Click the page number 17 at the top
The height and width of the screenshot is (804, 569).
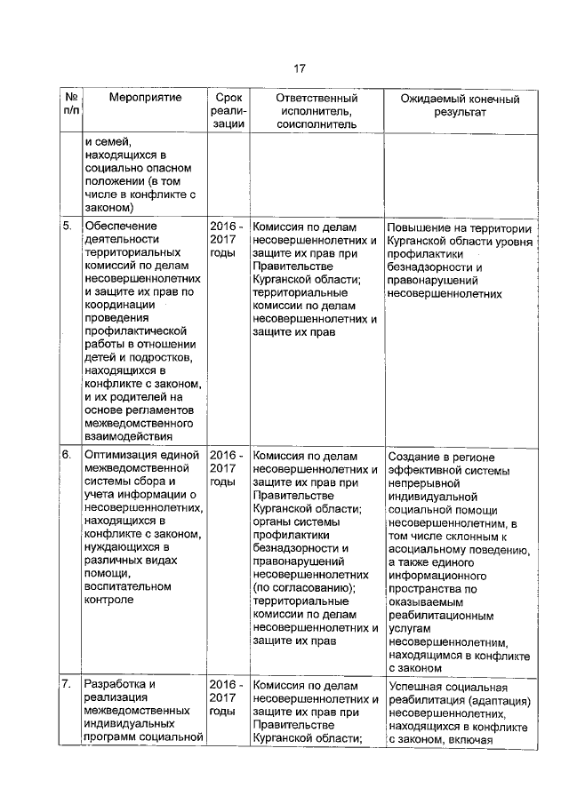(300, 68)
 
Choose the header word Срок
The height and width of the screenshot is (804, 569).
(228, 97)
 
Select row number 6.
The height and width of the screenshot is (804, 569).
(67, 455)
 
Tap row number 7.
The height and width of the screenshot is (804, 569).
(67, 685)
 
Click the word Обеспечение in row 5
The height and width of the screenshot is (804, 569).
(122, 226)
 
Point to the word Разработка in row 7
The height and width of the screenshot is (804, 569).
(114, 685)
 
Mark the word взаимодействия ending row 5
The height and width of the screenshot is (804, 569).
(126, 435)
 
